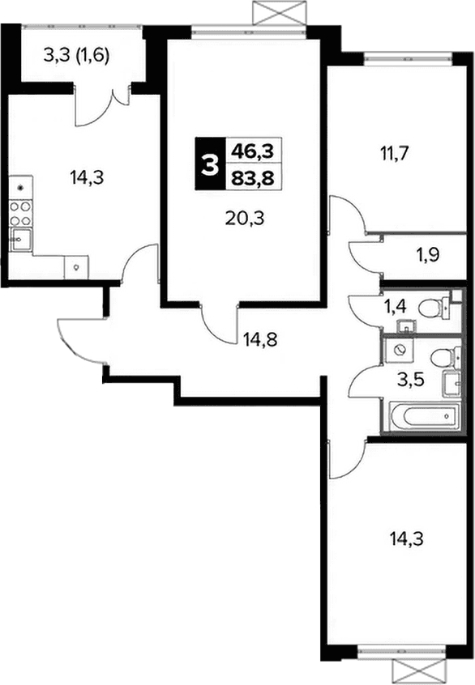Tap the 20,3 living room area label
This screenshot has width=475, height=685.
tap(245, 218)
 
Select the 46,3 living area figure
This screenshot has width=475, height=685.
tap(252, 151)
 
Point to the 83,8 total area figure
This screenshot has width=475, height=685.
tap(252, 178)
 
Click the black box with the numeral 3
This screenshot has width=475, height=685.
tap(209, 164)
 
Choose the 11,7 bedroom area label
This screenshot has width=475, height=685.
tap(395, 153)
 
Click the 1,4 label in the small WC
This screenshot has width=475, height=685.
tap(395, 307)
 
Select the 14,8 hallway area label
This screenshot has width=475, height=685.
tap(260, 339)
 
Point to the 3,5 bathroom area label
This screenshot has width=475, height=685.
tap(411, 380)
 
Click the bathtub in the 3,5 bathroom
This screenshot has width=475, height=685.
tap(424, 416)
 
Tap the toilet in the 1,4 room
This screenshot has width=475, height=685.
tap(434, 308)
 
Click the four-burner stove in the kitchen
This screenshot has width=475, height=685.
tap(20, 214)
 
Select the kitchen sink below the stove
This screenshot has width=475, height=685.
tap(21, 240)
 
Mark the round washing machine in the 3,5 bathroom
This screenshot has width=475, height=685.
tap(399, 351)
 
